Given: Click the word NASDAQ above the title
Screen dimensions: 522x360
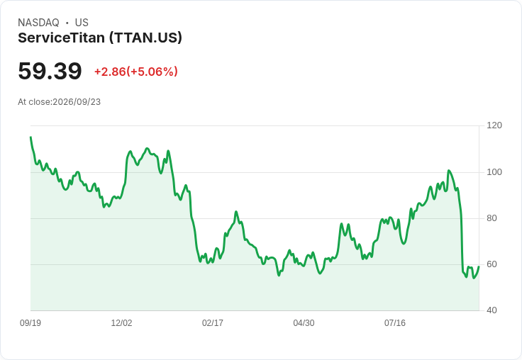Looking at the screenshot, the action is coord(38,23).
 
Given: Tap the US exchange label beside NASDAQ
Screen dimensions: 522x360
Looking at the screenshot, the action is coord(82,23).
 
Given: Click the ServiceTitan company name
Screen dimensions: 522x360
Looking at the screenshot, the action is coord(62,38).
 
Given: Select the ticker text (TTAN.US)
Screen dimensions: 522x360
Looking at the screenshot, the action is coord(146,38).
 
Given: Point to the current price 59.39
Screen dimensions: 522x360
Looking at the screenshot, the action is coord(50,71).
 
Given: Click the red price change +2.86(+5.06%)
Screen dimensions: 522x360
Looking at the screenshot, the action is coord(136,72).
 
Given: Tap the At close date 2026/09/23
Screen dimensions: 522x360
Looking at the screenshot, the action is coord(77,102).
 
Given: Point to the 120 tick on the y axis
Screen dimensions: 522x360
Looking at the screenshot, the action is coord(494,125).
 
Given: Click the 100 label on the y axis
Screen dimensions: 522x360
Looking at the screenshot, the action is coord(494,172).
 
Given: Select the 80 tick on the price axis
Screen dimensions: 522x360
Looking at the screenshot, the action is coord(492,218).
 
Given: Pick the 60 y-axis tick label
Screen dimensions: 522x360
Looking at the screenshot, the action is coord(492,264).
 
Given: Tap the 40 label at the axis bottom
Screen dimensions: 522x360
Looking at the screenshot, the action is coord(492,310).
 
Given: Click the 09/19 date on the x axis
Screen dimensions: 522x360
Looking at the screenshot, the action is coord(30,323).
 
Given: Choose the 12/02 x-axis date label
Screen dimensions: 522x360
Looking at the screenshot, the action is coord(121,323).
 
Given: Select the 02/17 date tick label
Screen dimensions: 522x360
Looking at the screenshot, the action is coord(213,323).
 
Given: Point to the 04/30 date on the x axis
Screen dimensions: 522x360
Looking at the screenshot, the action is coord(304,323).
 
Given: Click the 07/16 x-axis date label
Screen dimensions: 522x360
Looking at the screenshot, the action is coord(395,323).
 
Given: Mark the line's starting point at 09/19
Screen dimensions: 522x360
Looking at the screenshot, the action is coord(31,137).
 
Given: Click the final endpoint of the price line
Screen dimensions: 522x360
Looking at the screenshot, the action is coord(479,266).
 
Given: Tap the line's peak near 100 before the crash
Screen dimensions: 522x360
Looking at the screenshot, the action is coord(449,171).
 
